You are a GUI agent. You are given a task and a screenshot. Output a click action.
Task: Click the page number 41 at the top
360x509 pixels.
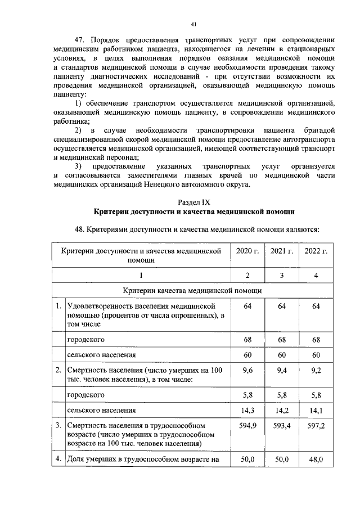[193, 24]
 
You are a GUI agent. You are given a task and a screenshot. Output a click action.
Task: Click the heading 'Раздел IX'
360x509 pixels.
[194, 201]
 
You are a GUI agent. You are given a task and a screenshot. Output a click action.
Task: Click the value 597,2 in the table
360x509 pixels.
[316, 426]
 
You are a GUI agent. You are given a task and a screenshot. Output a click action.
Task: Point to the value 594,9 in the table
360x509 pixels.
[247, 426]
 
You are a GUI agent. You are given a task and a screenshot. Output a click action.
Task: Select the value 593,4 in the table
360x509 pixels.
[282, 426]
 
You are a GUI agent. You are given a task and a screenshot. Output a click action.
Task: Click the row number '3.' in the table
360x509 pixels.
[58, 426]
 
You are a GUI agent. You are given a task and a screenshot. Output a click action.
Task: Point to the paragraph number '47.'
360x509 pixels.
[83, 40]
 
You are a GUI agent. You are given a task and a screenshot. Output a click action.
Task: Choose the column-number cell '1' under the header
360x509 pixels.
[141, 274]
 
